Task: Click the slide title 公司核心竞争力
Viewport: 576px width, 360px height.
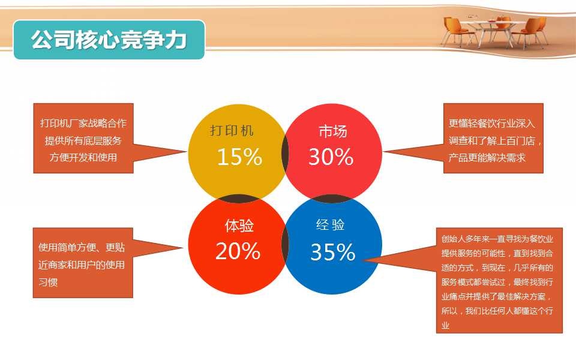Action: pos(109,40)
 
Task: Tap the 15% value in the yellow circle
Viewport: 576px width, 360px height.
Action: pos(239,157)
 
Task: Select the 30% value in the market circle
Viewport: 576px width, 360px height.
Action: pos(331,157)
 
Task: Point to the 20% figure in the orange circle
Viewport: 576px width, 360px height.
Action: pos(238,251)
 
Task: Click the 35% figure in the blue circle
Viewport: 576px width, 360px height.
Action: pos(333,252)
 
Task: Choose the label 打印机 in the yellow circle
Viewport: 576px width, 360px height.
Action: pos(232,130)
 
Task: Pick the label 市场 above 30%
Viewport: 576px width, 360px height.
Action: pos(333,131)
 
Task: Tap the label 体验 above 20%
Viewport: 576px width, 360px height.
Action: pos(239,226)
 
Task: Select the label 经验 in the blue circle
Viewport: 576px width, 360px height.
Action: pos(331,224)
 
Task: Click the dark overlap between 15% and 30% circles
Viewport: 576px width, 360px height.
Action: pos(286,153)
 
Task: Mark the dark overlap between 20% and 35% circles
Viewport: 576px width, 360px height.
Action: pos(286,245)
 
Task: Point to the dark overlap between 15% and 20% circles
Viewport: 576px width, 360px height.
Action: pos(238,199)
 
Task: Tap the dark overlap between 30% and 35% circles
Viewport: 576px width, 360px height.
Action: pos(332,199)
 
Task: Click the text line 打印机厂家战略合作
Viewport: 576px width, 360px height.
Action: pos(83,123)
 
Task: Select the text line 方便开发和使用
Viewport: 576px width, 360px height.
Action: pos(83,157)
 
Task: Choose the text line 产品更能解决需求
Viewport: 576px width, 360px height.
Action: pos(487,158)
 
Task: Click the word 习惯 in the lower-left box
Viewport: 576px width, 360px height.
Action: pos(48,282)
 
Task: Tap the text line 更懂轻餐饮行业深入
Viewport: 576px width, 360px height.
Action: pos(491,124)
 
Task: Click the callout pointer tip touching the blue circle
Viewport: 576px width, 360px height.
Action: pos(363,260)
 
